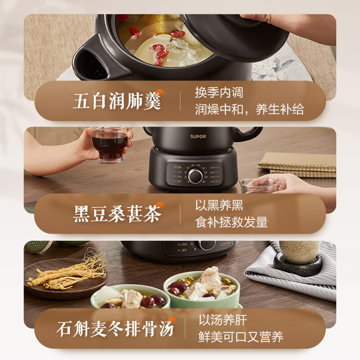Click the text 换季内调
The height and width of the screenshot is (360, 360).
click(x=219, y=93)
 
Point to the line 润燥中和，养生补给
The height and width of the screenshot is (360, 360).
click(x=249, y=109)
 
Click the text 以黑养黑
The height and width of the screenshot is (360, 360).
click(x=219, y=206)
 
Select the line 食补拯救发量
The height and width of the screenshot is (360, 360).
click(x=231, y=222)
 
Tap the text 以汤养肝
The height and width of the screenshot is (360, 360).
click(x=223, y=320)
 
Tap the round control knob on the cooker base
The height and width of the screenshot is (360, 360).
click(x=195, y=176)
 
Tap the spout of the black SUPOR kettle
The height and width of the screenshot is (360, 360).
click(x=252, y=133)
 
